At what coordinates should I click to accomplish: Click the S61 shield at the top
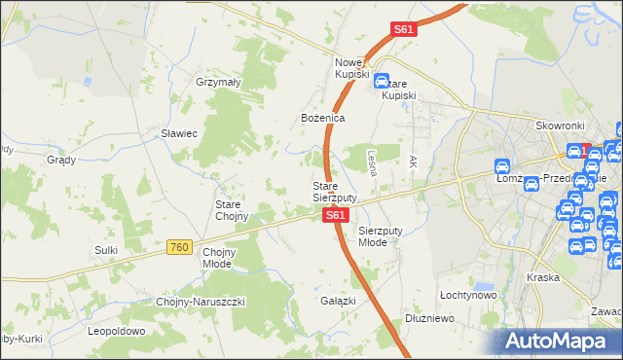click(404, 30)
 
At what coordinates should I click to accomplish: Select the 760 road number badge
click(178, 248)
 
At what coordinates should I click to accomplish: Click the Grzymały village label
click(218, 83)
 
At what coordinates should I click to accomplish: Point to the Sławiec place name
click(180, 133)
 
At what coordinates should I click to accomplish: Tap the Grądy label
click(61, 159)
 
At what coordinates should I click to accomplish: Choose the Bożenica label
click(322, 118)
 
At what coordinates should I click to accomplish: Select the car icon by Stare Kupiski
click(383, 83)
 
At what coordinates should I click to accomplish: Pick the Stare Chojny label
click(233, 210)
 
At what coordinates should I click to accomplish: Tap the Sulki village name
click(106, 250)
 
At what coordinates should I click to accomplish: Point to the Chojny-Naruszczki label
click(201, 302)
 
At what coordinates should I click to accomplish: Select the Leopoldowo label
click(116, 331)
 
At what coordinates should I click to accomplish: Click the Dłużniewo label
click(428, 317)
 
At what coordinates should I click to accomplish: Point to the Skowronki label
click(560, 126)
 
